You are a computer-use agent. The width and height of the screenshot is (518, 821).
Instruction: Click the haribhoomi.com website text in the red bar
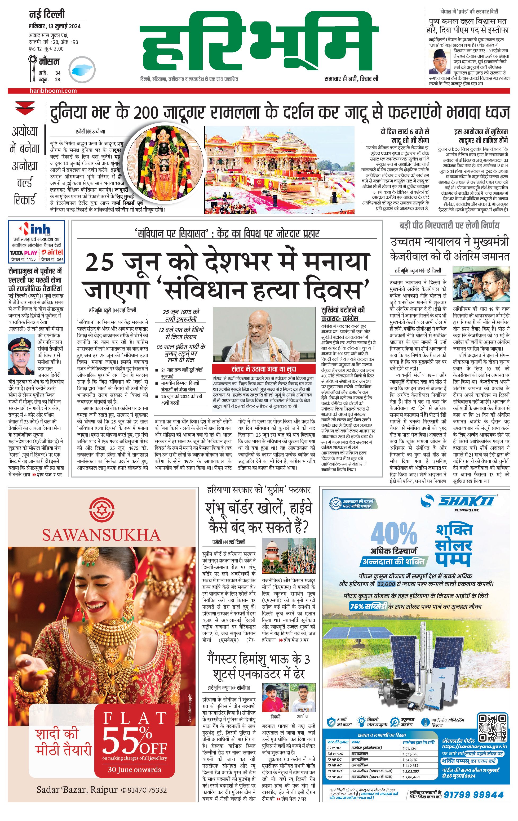tap(53, 91)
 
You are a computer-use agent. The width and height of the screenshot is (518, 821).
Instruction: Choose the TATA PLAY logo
tap(24, 253)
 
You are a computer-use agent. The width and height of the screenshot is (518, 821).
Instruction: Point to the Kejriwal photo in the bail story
tap(481, 286)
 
